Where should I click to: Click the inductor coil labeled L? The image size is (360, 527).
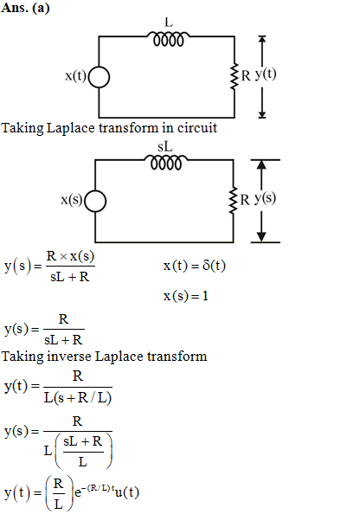168,39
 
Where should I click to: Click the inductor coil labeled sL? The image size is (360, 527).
166,163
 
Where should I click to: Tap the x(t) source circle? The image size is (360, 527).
99,77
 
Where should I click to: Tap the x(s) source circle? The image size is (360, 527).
95,202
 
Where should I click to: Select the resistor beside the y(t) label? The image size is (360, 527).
234,76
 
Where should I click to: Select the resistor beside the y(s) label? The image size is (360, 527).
233,200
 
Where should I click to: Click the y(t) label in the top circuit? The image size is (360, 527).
266,74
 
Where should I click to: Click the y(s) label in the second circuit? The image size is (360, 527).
265,198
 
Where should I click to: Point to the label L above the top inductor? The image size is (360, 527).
169,22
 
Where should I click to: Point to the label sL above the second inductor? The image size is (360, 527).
165,147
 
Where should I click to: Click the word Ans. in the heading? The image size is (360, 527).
15,8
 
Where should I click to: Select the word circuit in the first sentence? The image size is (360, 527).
197,128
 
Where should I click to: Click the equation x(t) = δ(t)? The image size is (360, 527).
195,266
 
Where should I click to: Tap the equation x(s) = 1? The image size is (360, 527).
186,296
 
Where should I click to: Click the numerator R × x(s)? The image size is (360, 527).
70,256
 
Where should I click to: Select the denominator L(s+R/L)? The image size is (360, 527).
78,398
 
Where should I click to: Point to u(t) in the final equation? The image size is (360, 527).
126,492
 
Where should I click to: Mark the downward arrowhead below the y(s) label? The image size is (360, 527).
261,236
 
